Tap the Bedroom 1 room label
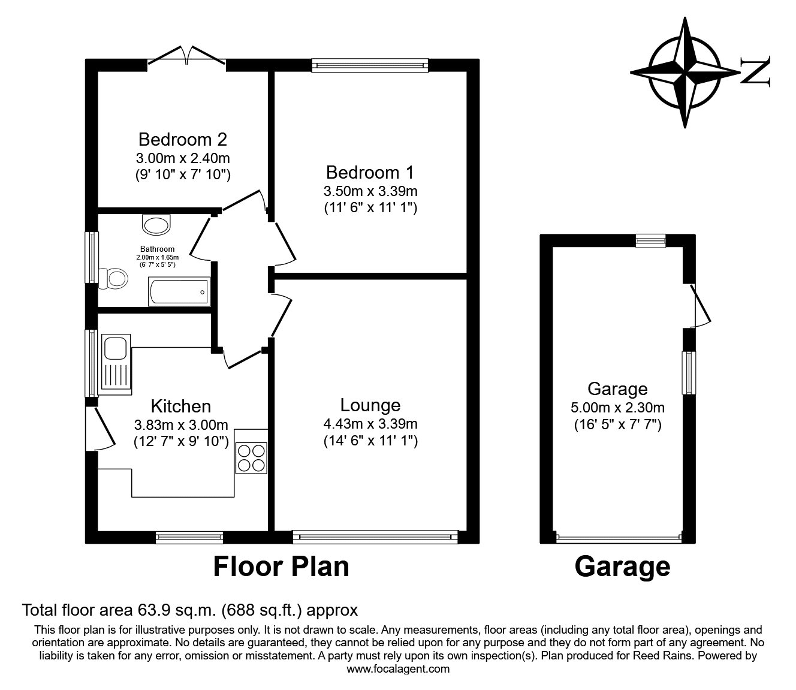[x=370, y=173]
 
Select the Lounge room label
[x=370, y=405]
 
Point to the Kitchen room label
[x=180, y=406]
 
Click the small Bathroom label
[x=158, y=249]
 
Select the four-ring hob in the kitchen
[x=252, y=457]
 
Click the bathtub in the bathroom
[x=179, y=292]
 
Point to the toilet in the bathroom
[x=112, y=278]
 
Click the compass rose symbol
[x=685, y=71]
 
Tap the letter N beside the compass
[x=756, y=71]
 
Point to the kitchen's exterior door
[x=99, y=428]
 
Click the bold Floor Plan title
[x=281, y=566]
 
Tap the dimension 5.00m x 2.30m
[x=617, y=408]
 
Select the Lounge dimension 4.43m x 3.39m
[x=370, y=424]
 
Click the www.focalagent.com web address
[x=398, y=669]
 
